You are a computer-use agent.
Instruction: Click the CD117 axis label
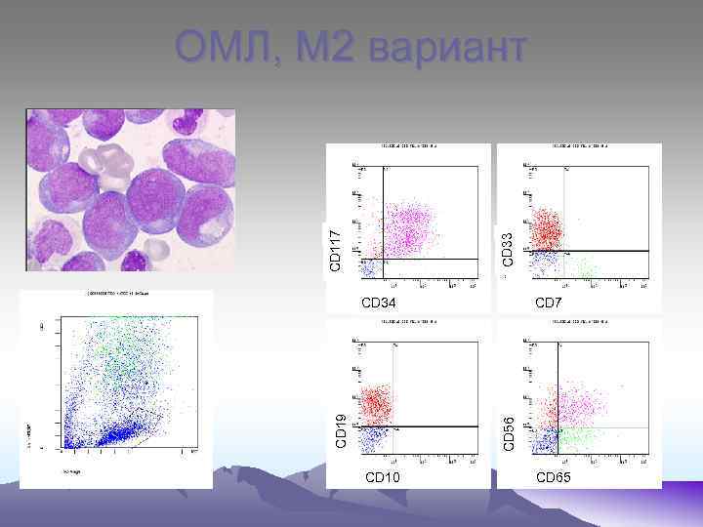click(x=335, y=251)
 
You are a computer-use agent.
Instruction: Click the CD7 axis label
click(x=549, y=303)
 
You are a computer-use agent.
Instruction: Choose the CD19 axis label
click(x=341, y=429)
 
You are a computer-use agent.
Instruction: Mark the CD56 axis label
click(x=508, y=429)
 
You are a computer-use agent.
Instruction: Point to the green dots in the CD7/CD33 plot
click(x=586, y=265)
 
